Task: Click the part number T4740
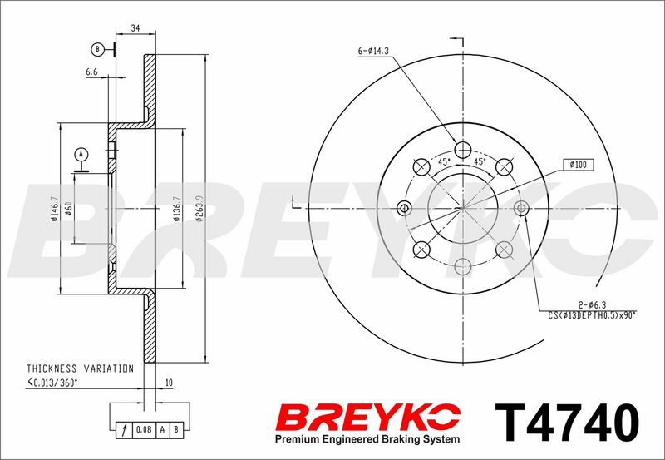pyautogui.click(x=567, y=423)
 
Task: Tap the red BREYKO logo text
pyautogui.click(x=368, y=418)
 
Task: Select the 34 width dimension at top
pyautogui.click(x=135, y=28)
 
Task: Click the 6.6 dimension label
pyautogui.click(x=91, y=72)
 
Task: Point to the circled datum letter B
pyautogui.click(x=97, y=50)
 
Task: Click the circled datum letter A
pyautogui.click(x=81, y=154)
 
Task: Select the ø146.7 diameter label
pyautogui.click(x=54, y=210)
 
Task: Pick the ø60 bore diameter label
pyautogui.click(x=69, y=209)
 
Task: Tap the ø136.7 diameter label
pyautogui.click(x=177, y=209)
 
